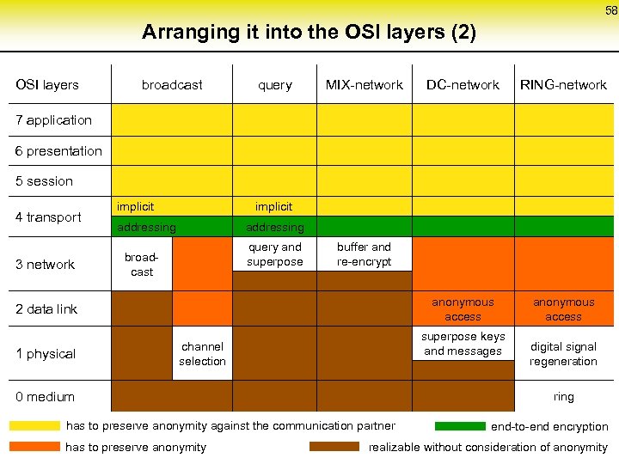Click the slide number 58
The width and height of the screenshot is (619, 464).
click(610, 10)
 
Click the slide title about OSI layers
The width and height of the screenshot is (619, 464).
click(309, 33)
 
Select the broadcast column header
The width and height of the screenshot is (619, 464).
click(172, 85)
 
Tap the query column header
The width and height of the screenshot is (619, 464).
click(275, 85)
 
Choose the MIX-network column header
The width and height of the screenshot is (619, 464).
click(364, 85)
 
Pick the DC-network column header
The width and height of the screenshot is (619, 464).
click(463, 85)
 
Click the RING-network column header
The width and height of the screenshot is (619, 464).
click(563, 85)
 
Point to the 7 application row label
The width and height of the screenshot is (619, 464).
click(53, 120)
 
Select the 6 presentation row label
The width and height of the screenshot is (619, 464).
click(58, 151)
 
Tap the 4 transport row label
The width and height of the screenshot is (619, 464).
click(48, 217)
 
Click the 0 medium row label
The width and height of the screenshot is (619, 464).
click(45, 397)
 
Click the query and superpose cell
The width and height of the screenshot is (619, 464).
click(275, 254)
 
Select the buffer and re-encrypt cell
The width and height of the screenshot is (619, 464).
click(364, 254)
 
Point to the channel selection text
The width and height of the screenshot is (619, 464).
click(202, 354)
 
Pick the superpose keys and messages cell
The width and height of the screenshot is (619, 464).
click(463, 344)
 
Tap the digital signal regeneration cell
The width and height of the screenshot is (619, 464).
click(563, 354)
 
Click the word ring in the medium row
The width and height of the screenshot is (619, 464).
click(563, 397)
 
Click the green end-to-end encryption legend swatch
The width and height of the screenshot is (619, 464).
click(460, 426)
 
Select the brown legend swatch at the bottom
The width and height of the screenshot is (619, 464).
click(334, 447)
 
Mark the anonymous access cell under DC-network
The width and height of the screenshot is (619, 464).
click(463, 309)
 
